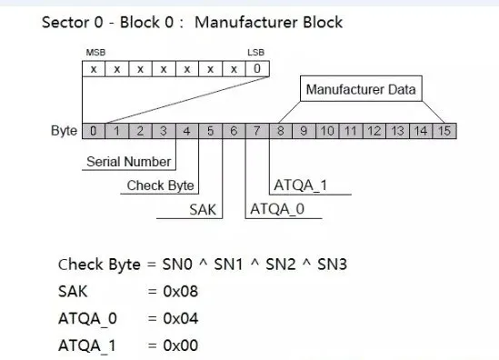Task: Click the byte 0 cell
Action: [x=94, y=131]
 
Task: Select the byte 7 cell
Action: [x=257, y=131]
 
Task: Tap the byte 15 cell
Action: [x=444, y=131]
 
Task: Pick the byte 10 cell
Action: [x=327, y=131]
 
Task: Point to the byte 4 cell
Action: [x=187, y=131]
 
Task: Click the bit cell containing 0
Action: [x=257, y=69]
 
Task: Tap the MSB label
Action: [x=95, y=53]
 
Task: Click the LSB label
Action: [x=256, y=53]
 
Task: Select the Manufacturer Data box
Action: [x=361, y=89]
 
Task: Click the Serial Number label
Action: [x=128, y=162]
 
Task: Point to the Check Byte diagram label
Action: [x=160, y=185]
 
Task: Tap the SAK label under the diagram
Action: [x=203, y=210]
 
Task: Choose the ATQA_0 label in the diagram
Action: [x=277, y=209]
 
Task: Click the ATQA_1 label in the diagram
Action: [x=301, y=185]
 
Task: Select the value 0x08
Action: [x=181, y=291]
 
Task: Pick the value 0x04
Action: [x=181, y=318]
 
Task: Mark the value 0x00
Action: [x=181, y=345]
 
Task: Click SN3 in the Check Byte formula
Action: [x=332, y=265]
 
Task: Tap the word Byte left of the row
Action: [x=64, y=131]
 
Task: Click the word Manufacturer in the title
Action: [x=246, y=23]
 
